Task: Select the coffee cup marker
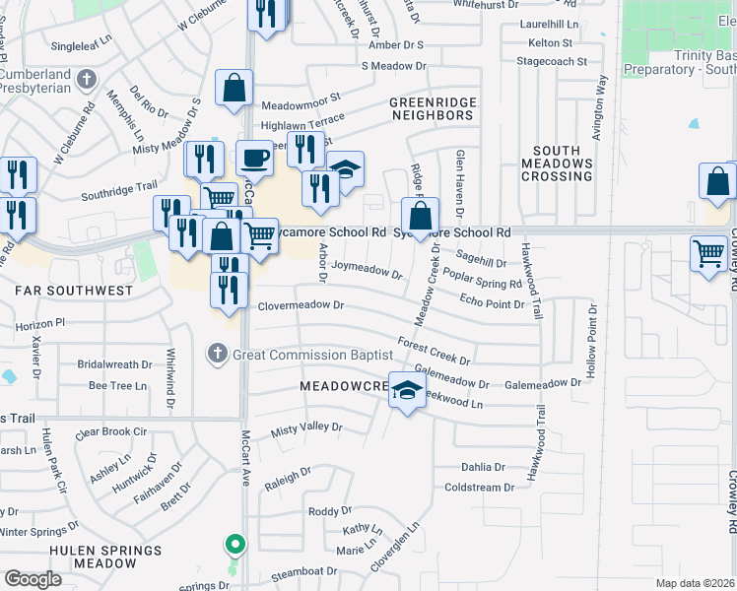[x=254, y=158]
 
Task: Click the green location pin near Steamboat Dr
[x=234, y=544]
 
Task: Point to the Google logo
[x=33, y=579]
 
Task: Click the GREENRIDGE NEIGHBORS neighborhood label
[x=432, y=108]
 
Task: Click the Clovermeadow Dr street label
[x=301, y=306]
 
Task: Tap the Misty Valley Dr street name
[x=306, y=428]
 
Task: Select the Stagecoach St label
[x=552, y=61]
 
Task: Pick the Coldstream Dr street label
[x=480, y=487]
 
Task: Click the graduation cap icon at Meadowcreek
[x=406, y=391]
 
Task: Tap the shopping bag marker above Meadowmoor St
[x=234, y=88]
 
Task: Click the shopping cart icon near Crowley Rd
[x=708, y=254]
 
